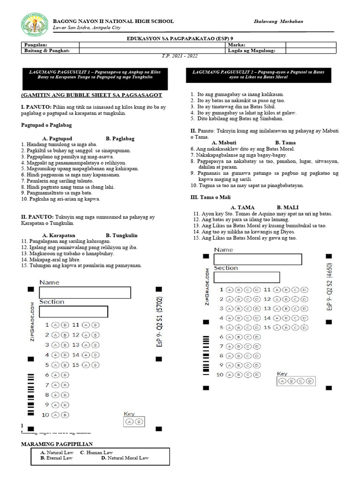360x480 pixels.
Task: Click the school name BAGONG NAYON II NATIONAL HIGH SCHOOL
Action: pos(113,22)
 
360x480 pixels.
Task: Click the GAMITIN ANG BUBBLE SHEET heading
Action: pos(92,95)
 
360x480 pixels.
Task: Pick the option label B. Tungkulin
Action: pos(121,235)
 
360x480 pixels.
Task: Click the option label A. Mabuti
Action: pos(224,142)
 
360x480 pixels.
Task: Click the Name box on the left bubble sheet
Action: pos(84,292)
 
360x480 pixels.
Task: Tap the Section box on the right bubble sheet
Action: pos(247,277)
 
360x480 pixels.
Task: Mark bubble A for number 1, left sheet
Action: pos(55,324)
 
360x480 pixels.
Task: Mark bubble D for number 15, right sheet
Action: pos(305,327)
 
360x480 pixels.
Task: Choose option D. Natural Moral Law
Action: pos(125,458)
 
